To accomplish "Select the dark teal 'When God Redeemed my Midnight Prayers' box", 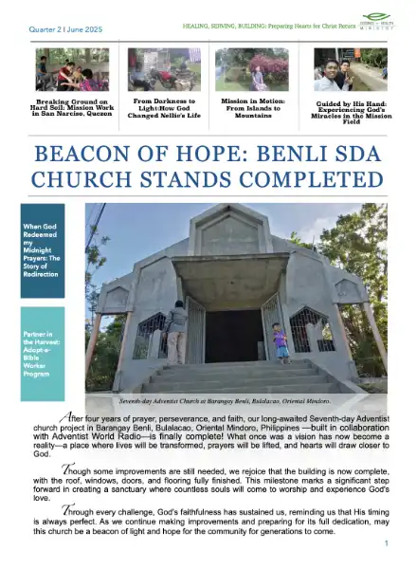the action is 43,251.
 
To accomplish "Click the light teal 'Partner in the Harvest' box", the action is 43,340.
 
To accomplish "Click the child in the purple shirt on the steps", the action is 281,341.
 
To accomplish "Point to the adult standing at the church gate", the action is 177,332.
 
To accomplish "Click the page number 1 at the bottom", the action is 387,543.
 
